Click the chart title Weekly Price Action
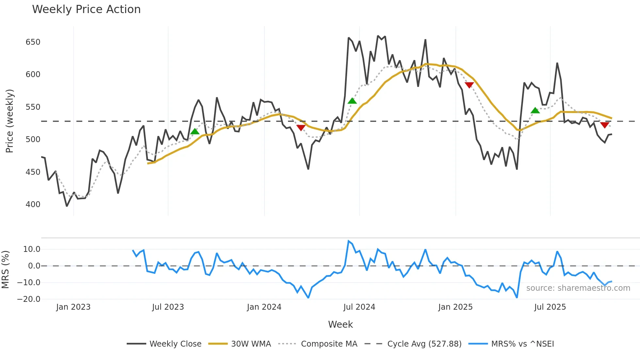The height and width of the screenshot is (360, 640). tap(86, 9)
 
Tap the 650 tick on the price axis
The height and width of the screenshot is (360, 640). tap(33, 42)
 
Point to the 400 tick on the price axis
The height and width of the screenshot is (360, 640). tap(33, 205)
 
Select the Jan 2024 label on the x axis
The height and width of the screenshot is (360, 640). tap(264, 307)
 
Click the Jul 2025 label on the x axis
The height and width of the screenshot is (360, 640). tap(550, 307)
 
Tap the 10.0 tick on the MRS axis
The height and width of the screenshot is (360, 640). tap(32, 249)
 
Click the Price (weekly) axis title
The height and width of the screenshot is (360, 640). tap(9, 121)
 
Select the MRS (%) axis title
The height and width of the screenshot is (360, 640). tap(5, 270)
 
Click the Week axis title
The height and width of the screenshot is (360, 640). tap(340, 324)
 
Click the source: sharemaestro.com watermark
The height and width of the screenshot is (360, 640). tap(578, 288)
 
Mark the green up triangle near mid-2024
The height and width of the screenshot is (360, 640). tap(352, 101)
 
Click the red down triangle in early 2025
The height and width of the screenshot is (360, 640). tap(469, 85)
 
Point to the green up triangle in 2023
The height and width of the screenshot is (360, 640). tap(195, 131)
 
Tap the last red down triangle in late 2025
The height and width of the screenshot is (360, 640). tap(604, 125)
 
